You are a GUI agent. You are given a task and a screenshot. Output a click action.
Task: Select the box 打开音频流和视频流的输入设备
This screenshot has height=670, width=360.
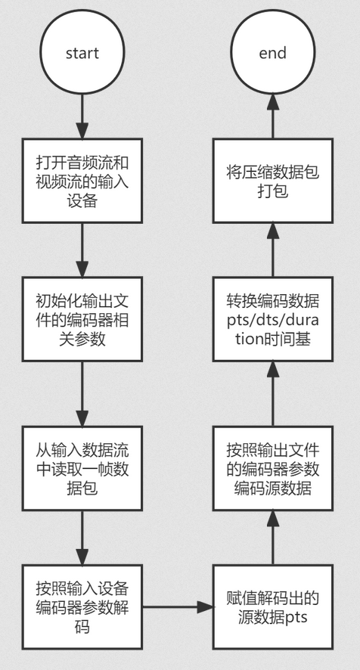[82, 181]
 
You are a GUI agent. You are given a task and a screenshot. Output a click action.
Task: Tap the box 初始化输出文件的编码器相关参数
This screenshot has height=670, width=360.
[82, 319]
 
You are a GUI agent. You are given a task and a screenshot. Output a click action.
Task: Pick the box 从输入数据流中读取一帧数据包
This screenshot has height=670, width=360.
[82, 468]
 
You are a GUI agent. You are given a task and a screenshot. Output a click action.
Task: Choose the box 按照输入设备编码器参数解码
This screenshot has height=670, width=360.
[82, 607]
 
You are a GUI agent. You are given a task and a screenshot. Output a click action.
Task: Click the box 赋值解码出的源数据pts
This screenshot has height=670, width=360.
[273, 607]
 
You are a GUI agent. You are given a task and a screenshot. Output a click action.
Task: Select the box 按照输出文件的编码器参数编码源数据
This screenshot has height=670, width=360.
[273, 468]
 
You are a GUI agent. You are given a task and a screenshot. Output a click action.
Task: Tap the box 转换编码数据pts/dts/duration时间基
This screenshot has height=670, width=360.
[273, 319]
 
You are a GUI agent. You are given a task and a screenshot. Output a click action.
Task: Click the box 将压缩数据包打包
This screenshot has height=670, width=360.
[273, 181]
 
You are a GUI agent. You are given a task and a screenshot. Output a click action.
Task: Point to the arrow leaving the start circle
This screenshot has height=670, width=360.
[82, 117]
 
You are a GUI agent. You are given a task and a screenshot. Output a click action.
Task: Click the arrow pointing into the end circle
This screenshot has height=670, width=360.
[273, 116]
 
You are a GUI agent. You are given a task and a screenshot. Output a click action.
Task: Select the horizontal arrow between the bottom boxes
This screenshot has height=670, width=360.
[178, 606]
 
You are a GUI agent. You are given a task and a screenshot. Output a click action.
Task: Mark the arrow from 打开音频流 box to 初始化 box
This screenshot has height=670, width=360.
[82, 250]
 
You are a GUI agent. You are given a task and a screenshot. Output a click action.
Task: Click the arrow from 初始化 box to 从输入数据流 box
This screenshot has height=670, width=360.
[82, 394]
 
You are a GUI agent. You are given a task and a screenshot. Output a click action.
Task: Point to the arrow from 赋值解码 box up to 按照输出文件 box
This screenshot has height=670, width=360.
[273, 538]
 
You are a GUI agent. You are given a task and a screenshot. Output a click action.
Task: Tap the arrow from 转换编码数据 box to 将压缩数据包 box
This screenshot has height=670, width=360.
[273, 250]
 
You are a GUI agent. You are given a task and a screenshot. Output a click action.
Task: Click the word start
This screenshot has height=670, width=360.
[82, 54]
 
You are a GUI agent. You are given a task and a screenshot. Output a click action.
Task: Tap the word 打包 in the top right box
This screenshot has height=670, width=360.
[273, 191]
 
